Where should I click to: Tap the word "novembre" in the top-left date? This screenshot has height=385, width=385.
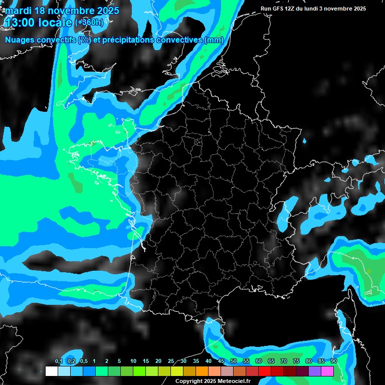69,11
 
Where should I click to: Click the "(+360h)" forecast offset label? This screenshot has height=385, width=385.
89,23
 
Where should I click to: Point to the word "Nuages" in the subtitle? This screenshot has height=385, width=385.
19,40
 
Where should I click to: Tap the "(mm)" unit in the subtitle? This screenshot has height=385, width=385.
214,40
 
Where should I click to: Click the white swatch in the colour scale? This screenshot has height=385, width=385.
51,371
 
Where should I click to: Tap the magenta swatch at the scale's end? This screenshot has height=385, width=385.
327,371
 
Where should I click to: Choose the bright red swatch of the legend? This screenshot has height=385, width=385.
265,371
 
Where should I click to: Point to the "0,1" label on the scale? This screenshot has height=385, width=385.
59,361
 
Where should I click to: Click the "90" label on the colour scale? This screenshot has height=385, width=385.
334,361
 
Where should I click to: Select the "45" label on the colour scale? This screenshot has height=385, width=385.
221,361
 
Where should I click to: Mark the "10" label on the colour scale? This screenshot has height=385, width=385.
133,361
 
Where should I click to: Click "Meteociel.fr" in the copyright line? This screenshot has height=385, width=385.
234,381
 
